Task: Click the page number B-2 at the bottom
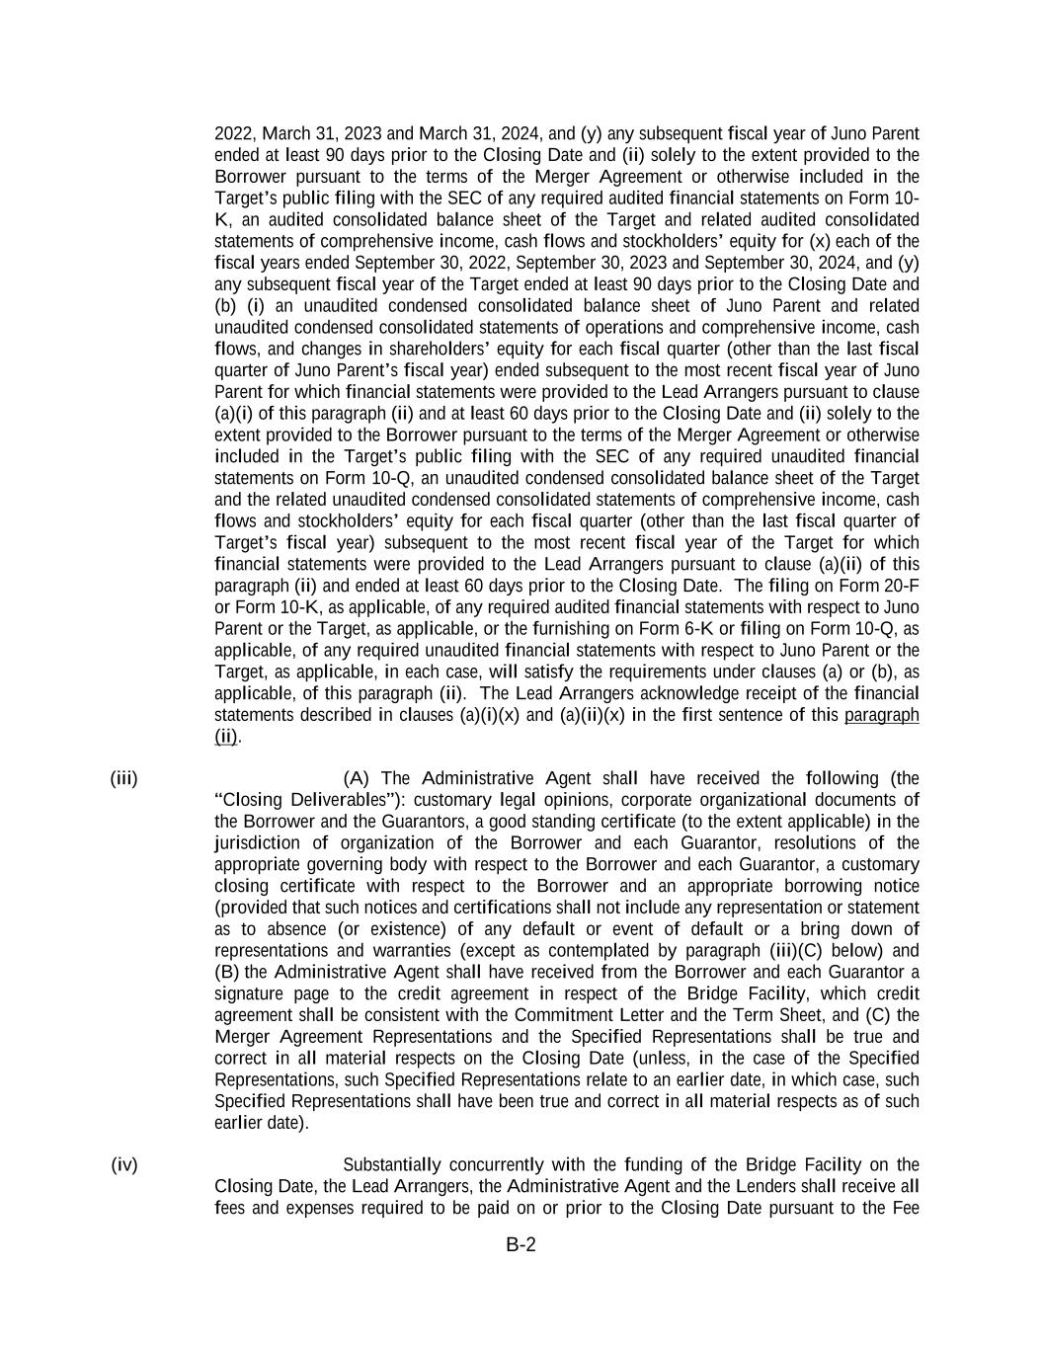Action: click(521, 1245)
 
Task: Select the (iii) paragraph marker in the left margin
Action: click(123, 778)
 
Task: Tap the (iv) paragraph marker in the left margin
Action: click(124, 1165)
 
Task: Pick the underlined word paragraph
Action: click(882, 715)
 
